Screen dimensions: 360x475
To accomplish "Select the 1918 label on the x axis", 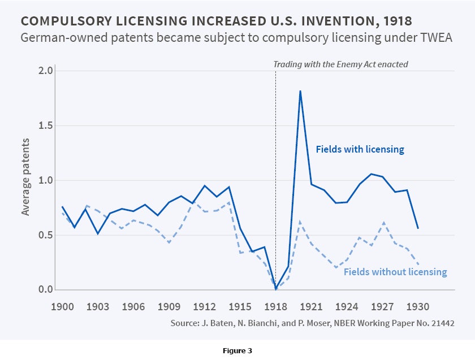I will coord(275,307).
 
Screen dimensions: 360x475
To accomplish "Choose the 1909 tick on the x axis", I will coord(169,307).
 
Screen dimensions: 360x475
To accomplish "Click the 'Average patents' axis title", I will coord(26,180).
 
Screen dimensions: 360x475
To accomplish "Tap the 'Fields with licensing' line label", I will coord(360,150).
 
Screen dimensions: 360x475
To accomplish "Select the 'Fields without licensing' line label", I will coord(395,272).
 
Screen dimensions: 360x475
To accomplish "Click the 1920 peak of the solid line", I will coord(300,91).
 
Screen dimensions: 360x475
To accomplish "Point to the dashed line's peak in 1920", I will coord(300,222).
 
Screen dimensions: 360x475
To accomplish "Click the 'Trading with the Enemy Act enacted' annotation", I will coord(340,64).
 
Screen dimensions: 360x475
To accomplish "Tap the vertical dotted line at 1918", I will coord(275,170).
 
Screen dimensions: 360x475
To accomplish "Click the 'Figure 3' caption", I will coord(237,351).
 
